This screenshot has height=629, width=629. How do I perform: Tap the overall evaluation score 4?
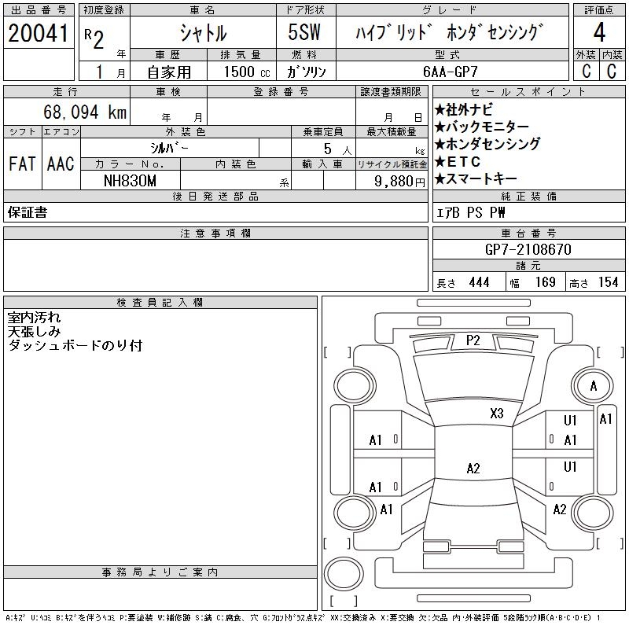click(599, 34)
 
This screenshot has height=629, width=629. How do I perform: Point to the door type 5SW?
click(303, 33)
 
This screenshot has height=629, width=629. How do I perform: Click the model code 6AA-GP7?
click(451, 71)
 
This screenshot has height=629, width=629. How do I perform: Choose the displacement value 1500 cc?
click(243, 71)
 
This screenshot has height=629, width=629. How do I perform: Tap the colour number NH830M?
click(130, 180)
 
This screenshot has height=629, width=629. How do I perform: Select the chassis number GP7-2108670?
click(528, 249)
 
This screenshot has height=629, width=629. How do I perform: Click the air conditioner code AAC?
click(61, 164)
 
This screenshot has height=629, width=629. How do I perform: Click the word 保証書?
click(28, 212)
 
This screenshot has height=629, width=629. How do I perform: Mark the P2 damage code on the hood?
click(473, 340)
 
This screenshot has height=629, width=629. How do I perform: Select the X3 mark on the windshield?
click(496, 414)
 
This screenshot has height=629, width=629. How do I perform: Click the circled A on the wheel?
click(594, 386)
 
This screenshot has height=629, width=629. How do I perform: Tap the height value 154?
click(609, 282)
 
